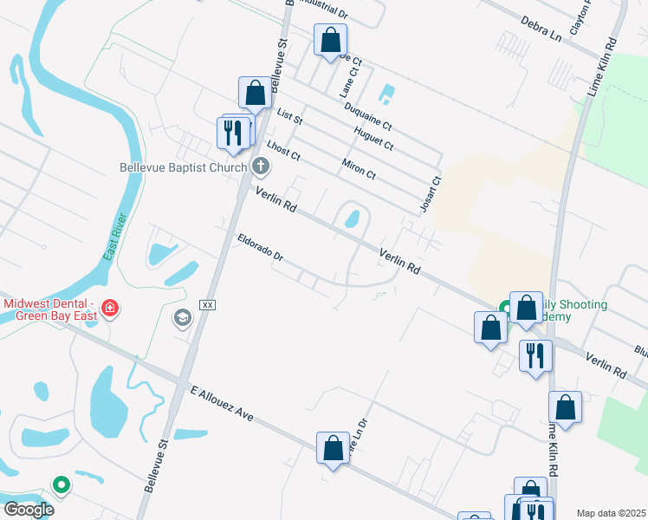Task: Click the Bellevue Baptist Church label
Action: [184, 166]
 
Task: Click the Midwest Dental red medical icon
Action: [110, 308]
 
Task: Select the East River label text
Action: [114, 237]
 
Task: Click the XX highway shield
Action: [207, 305]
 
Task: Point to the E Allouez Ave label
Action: [221, 404]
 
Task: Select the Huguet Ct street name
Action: [374, 138]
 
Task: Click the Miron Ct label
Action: [359, 168]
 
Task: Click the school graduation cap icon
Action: [182, 318]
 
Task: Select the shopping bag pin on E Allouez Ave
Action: [333, 448]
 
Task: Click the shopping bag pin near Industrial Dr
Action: [330, 40]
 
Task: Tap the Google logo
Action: [29, 510]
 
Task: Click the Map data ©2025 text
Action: [611, 513]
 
